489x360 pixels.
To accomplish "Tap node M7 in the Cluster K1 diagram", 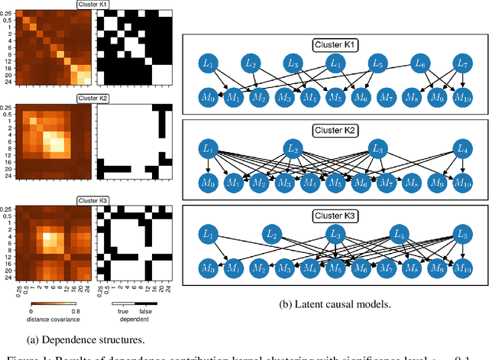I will (386, 96).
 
